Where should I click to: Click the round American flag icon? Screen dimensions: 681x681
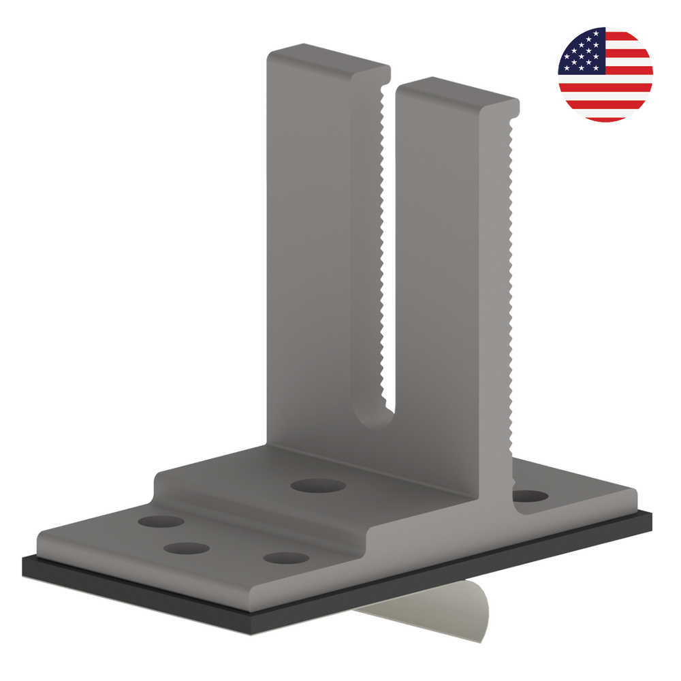tap(605, 74)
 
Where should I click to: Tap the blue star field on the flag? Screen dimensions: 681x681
tap(581, 51)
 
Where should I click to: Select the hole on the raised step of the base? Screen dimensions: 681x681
tap(317, 486)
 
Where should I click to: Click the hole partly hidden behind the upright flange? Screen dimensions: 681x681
tap(529, 496)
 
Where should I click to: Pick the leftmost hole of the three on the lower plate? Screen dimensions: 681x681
tap(161, 522)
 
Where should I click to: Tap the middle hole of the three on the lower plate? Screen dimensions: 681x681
tap(186, 548)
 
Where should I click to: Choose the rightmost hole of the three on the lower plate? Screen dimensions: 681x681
tap(285, 558)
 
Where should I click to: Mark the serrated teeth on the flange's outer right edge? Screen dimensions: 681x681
tap(511, 272)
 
